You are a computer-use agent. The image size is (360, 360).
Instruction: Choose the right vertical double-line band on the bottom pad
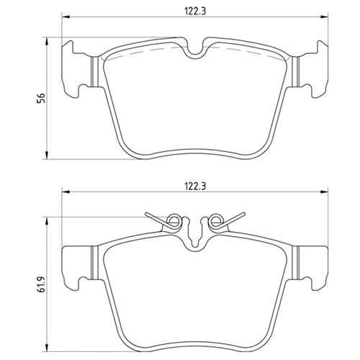tap(293, 263)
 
